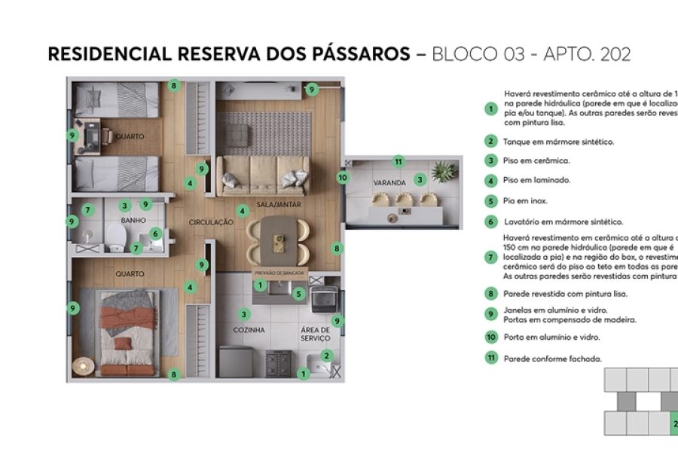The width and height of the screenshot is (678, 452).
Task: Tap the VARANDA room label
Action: [x=389, y=183]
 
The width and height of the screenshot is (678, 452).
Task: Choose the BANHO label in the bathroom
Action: [x=133, y=221]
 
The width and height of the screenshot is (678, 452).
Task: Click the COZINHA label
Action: [x=248, y=330]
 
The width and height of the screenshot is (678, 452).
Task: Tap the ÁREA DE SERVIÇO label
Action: [x=315, y=334]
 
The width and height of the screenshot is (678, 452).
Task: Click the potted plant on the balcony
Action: [x=445, y=173]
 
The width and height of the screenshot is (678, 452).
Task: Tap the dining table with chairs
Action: [x=279, y=240]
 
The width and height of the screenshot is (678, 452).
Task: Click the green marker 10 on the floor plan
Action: [x=343, y=178]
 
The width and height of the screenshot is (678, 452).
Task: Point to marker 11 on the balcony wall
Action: [x=399, y=161]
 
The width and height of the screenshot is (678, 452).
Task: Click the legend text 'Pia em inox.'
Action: [x=526, y=201]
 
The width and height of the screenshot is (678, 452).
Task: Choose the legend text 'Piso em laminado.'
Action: [x=536, y=181]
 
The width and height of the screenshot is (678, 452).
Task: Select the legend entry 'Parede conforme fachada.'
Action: [x=552, y=359]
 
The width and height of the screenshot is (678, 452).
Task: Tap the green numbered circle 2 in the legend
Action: [x=490, y=141]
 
